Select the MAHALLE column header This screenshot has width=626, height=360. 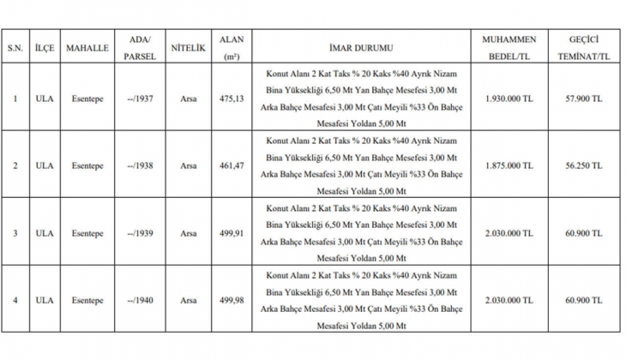(87, 48)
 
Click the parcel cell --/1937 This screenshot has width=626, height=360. (139, 99)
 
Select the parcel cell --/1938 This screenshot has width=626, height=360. (139, 165)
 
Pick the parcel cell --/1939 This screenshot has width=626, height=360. (139, 232)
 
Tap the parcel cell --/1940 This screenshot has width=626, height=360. (139, 299)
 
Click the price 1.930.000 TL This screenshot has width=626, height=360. (509, 99)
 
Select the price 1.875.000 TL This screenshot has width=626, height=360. (509, 165)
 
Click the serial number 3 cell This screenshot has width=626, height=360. (14, 232)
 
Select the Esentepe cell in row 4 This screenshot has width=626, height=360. (87, 299)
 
